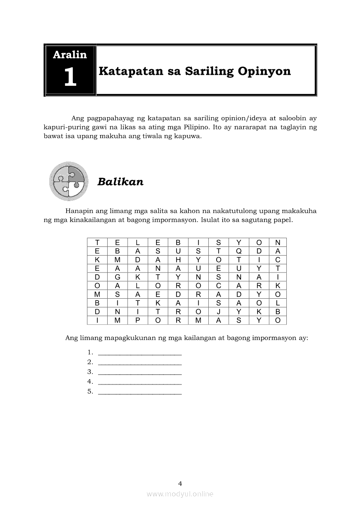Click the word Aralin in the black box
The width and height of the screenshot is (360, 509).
(x=70, y=55)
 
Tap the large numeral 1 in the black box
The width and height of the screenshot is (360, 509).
(x=70, y=78)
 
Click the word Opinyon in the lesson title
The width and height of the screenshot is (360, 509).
(x=264, y=71)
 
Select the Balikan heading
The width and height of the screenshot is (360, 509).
(x=120, y=182)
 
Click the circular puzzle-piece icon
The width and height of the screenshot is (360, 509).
(x=69, y=181)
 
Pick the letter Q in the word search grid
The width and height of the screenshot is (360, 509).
(x=239, y=251)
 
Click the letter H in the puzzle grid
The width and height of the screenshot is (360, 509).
(x=178, y=260)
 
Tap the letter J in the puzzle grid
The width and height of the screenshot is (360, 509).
(x=218, y=312)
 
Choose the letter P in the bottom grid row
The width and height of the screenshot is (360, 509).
(x=138, y=320)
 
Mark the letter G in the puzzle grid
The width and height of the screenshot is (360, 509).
(x=117, y=277)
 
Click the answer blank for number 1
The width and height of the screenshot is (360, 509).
(x=139, y=352)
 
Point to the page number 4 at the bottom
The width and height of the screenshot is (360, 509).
(x=180, y=483)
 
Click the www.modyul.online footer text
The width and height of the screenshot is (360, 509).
(x=180, y=494)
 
